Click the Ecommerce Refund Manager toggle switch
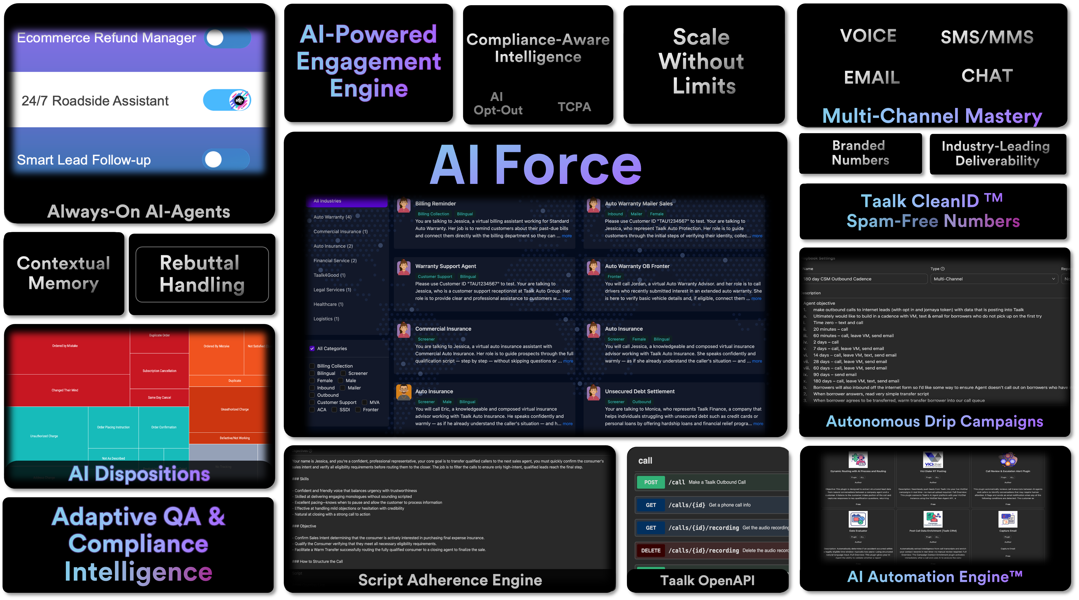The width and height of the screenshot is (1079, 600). [228, 38]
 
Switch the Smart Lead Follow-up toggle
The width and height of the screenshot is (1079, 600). [226, 159]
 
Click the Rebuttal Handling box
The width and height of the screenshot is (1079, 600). [202, 274]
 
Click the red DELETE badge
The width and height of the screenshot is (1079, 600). [650, 550]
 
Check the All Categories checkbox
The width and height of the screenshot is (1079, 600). [312, 348]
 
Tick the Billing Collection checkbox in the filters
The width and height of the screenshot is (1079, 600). [312, 366]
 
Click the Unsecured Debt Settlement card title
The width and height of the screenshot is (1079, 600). [640, 392]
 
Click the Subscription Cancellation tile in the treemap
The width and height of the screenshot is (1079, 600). [159, 371]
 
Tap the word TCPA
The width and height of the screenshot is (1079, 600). [574, 107]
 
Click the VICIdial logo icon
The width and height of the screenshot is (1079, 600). [933, 460]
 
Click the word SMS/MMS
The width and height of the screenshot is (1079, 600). [987, 37]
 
